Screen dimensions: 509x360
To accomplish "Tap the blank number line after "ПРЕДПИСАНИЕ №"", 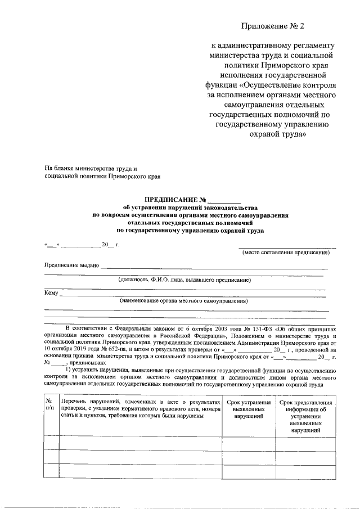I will point(224,200).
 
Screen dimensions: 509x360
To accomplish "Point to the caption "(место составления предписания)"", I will point(286,253).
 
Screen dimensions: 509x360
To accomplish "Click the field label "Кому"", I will point(51,292).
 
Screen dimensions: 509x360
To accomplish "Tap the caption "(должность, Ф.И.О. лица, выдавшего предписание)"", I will point(184,280).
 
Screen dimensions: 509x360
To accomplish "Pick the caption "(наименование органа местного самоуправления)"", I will point(183,301).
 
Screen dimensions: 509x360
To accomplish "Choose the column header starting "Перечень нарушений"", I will point(141,409).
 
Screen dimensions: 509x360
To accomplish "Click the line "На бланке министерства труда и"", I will point(91,169).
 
